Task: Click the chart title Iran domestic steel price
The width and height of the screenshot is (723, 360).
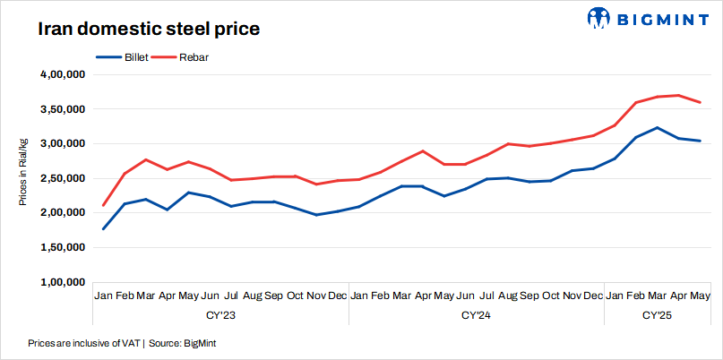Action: (149, 29)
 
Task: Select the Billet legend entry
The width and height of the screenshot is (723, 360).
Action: (121, 57)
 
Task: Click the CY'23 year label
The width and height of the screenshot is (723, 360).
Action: (220, 315)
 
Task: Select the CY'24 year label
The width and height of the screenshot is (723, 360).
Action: (476, 315)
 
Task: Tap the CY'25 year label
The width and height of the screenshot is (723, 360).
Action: (658, 315)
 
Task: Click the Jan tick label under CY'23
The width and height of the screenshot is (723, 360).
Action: (104, 295)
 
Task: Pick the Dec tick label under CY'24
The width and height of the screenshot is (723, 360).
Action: (593, 295)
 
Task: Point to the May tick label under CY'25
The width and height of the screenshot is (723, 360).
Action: (700, 295)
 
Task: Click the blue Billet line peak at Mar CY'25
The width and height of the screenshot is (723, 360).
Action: (658, 127)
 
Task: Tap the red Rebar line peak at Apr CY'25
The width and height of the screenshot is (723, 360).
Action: (679, 95)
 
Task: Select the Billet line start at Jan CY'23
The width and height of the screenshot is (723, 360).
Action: (104, 229)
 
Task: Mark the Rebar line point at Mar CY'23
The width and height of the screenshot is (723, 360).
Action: (146, 159)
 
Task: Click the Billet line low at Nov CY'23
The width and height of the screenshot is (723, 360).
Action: (316, 215)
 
